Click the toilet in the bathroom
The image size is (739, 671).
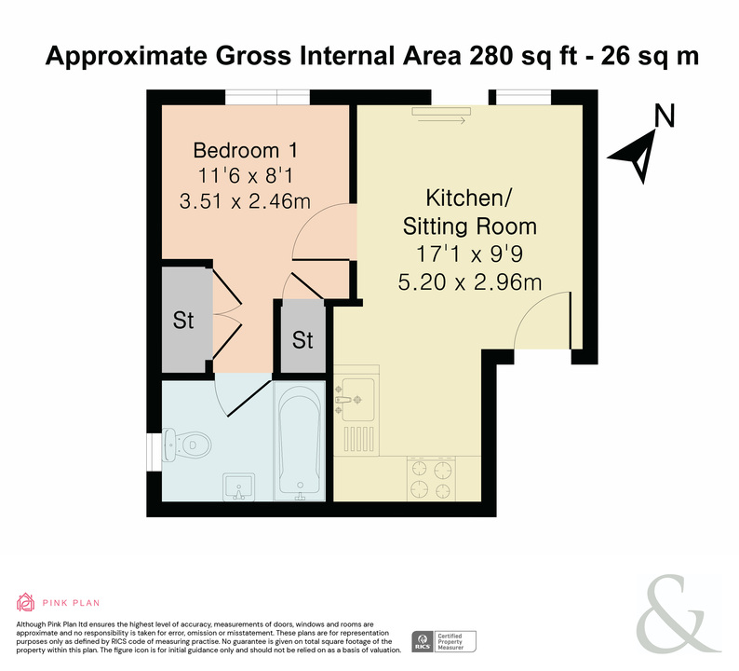pos(186,445)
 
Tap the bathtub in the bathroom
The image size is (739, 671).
pos(300,443)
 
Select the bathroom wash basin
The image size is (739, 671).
pos(239,487)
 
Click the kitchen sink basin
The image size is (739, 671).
pos(358,399)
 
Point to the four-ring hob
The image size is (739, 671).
pos(431,478)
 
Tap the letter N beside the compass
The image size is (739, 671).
pos(665,116)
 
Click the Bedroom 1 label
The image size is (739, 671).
pos(245,151)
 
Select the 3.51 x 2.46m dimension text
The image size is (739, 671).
pos(245,201)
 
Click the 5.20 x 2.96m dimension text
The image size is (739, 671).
pos(470,282)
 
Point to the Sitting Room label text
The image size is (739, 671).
pos(470,226)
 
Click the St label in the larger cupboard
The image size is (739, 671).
pos(183,321)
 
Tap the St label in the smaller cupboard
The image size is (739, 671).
pos(302,340)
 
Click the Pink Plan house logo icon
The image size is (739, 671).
pos(25,602)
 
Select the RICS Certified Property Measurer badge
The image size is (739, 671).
pos(444,642)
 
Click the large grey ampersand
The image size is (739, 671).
pos(679,613)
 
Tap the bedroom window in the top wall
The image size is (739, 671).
pos(267,97)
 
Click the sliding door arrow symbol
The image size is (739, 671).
pos(441,121)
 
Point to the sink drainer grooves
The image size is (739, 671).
pos(358,439)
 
